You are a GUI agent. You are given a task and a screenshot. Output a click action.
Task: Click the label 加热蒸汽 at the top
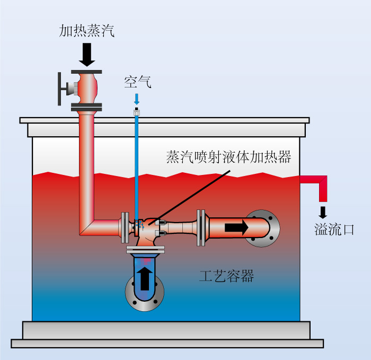tap(87, 31)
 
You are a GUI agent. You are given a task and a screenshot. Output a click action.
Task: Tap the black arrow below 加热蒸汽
tap(87, 55)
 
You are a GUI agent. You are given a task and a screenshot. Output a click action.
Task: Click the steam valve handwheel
tap(59, 89)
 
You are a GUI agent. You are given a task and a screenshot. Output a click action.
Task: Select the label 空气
tap(138, 82)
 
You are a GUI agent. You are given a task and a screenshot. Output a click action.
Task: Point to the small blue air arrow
tap(137, 99)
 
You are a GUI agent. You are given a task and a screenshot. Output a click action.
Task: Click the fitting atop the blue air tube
tap(137, 111)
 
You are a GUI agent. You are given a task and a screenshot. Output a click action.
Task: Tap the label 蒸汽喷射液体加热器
tap(228, 157)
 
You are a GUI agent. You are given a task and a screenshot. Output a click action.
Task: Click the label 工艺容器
tap(226, 276)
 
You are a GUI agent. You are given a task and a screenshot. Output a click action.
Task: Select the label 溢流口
tap(334, 230)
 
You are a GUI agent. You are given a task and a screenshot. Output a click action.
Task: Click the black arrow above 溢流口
tap(323, 212)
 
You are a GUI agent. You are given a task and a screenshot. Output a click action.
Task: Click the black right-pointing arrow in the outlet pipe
tap(236, 227)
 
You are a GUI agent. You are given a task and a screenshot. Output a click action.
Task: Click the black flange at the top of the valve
tap(86, 72)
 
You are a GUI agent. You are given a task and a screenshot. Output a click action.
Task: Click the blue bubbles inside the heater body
tap(139, 224)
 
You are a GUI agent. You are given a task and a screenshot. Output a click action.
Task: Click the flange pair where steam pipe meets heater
tap(125, 227)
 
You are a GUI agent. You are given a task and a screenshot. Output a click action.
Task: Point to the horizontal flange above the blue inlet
tap(145, 250)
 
